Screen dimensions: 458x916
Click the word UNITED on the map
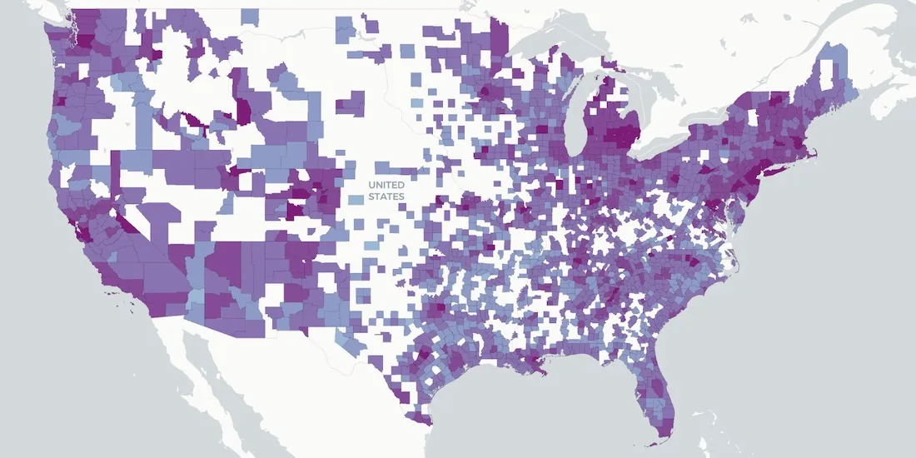tap(387, 185)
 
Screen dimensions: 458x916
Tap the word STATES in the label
tap(387, 197)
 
